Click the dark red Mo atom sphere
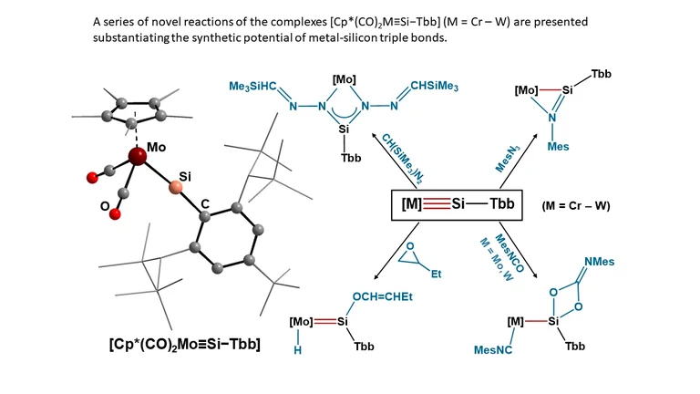click(x=137, y=158)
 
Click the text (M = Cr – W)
click(x=576, y=206)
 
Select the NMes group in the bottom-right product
click(x=598, y=263)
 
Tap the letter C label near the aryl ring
click(x=205, y=215)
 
